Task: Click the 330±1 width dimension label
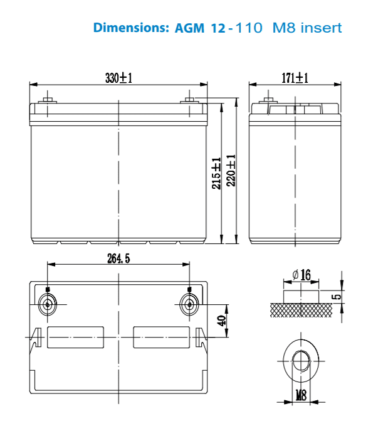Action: pyautogui.click(x=118, y=78)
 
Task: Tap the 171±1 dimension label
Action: pyautogui.click(x=295, y=78)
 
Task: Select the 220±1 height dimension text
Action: pyautogui.click(x=231, y=170)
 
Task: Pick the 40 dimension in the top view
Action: pyautogui.click(x=221, y=320)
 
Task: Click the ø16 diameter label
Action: pyautogui.click(x=301, y=275)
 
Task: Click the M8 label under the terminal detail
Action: pyautogui.click(x=302, y=395)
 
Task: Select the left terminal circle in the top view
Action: pyautogui.click(x=48, y=306)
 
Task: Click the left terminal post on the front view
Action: pyautogui.click(x=48, y=100)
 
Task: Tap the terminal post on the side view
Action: pyautogui.click(x=268, y=100)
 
